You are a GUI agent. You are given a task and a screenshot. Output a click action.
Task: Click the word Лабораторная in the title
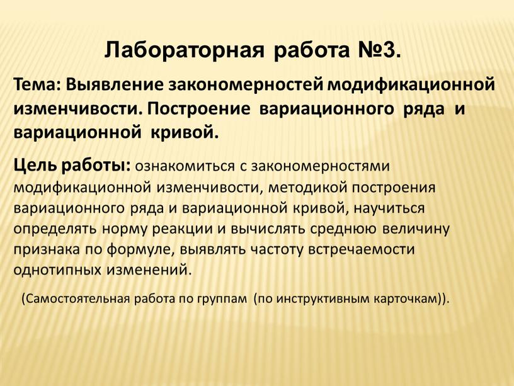coord(183,49)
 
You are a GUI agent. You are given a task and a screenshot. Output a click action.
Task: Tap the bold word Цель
coord(35,167)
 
